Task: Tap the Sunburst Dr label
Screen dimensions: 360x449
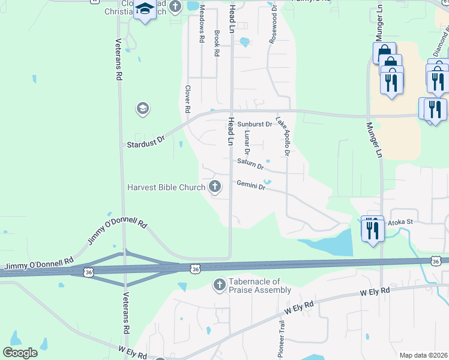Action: [x=255, y=125]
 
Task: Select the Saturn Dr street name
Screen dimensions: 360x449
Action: [x=250, y=163]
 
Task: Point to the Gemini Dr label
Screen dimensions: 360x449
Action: [x=251, y=185]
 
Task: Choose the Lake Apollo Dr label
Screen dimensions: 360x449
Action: [x=283, y=136]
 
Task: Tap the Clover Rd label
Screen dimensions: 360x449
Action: [x=187, y=99]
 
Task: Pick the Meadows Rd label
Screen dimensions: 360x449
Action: [x=202, y=23]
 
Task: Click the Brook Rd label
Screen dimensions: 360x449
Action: [x=217, y=43]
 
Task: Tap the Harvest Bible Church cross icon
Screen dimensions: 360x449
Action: [x=215, y=187]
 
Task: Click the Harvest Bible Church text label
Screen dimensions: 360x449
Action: [x=166, y=187]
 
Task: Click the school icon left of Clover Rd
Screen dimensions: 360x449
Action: [x=143, y=109]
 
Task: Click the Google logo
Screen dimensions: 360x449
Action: [x=20, y=353]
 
